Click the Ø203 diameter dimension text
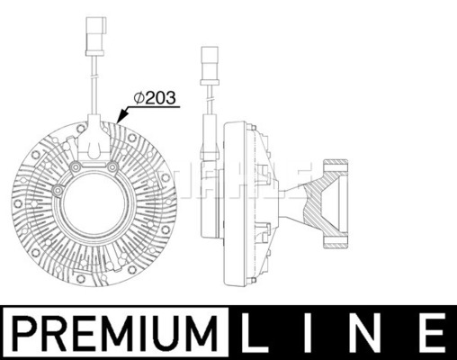tap(155, 98)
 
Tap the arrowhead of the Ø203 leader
tap(121, 117)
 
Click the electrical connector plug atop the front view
tap(95, 35)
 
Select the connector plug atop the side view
tap(210, 65)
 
